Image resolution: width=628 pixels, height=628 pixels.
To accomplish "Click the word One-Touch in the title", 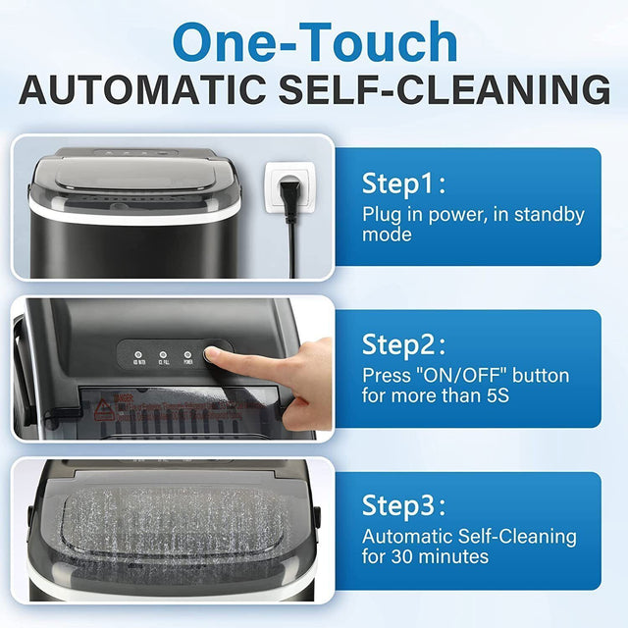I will click(315, 44).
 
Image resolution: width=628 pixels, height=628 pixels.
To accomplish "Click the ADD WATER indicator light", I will click(137, 357).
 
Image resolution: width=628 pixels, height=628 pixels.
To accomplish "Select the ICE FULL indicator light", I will click(162, 357).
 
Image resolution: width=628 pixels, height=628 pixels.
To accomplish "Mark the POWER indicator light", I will click(185, 357).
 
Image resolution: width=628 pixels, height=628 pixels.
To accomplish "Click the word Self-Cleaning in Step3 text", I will click(516, 537).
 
